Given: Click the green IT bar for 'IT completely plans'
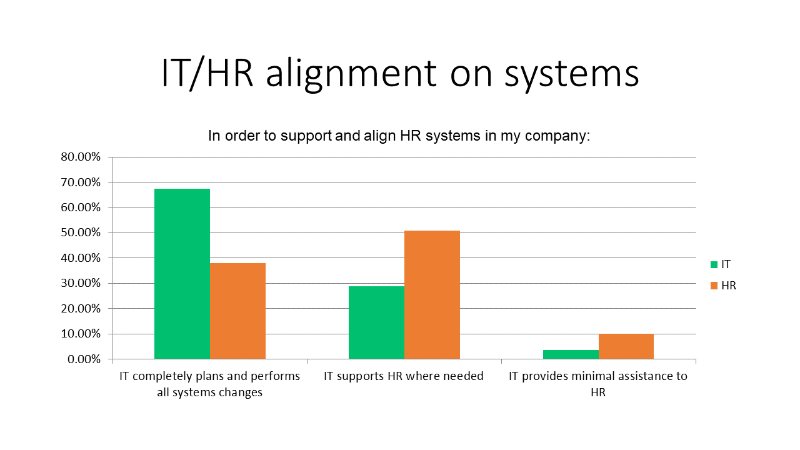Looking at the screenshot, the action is pyautogui.click(x=182, y=274).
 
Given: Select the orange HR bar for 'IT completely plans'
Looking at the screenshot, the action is pyautogui.click(x=238, y=311).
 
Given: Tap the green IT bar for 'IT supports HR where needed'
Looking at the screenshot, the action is pyautogui.click(x=376, y=322).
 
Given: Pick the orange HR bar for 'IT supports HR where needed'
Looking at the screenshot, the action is pyautogui.click(x=432, y=294).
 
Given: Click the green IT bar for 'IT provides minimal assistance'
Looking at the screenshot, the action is pyautogui.click(x=571, y=354).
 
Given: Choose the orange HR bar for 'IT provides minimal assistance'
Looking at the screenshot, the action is pyautogui.click(x=626, y=346).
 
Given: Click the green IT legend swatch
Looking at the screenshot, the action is pyautogui.click(x=714, y=264).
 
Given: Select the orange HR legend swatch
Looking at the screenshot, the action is pyautogui.click(x=714, y=286).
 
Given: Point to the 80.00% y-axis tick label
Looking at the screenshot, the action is pyautogui.click(x=81, y=157).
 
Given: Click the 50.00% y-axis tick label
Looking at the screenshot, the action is pyautogui.click(x=81, y=232).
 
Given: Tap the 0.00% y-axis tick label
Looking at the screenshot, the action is pyautogui.click(x=84, y=359).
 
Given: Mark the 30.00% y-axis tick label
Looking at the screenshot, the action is pyautogui.click(x=81, y=283).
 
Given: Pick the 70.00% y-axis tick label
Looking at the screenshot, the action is pyautogui.click(x=81, y=182).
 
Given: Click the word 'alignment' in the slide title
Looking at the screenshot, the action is pyautogui.click(x=351, y=74).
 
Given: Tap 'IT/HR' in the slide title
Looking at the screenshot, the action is pyautogui.click(x=207, y=73).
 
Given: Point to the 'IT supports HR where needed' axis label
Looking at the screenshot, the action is pyautogui.click(x=404, y=376).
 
